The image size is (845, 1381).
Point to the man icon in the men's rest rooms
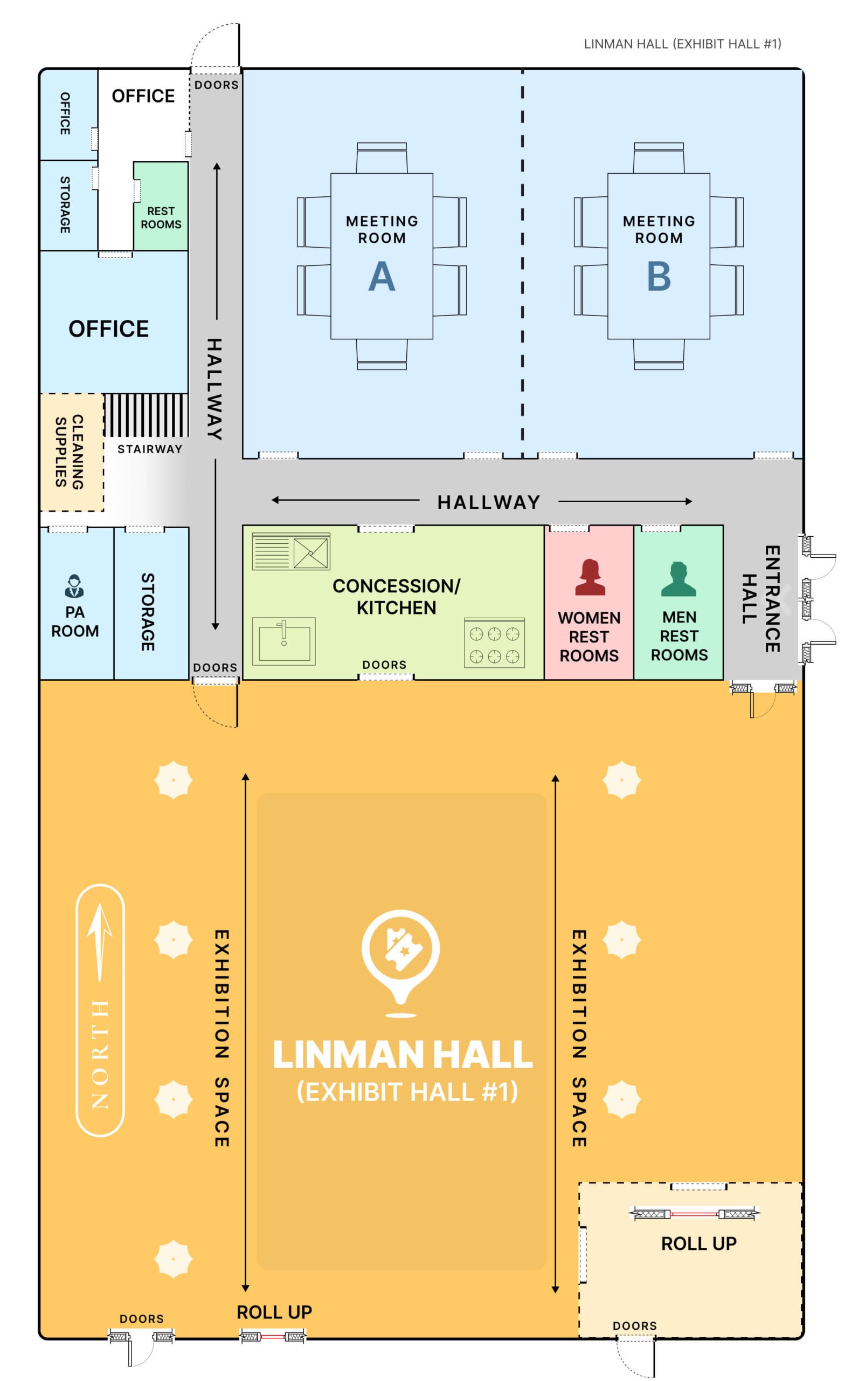pos(678,579)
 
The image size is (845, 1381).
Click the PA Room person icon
pos(74,586)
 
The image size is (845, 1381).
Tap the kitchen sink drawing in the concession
pos(283,641)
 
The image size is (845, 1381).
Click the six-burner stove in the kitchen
pos(494,644)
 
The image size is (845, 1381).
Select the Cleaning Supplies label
pos(70,452)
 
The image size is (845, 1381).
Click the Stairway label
pos(149,449)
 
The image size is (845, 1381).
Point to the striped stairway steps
pos(146,415)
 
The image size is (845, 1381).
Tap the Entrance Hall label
pos(761,599)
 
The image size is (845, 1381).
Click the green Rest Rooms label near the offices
pos(161,217)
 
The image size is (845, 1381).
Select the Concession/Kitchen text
pos(396,596)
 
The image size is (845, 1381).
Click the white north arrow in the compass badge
pos(100,945)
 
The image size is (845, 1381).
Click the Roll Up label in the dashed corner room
pos(698,1243)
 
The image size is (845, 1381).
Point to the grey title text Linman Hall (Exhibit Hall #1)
pos(682,44)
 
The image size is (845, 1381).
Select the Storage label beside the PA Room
pos(148,612)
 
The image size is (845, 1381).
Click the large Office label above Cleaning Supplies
pos(109,329)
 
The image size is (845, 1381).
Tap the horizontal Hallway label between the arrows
pos(488,502)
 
